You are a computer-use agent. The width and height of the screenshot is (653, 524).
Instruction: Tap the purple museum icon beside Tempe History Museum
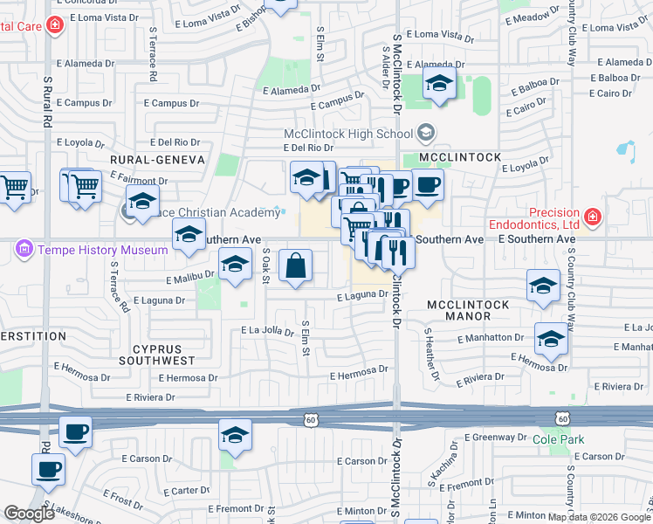point(24,251)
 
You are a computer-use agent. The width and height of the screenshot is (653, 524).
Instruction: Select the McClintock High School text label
point(347,134)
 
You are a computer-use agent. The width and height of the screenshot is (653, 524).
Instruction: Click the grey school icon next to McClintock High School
point(426,134)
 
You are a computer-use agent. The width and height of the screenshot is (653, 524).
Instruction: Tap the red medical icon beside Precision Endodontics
point(593,216)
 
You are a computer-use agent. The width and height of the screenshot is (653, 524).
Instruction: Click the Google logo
point(30,513)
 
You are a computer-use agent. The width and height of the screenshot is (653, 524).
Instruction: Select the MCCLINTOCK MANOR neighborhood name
point(466,309)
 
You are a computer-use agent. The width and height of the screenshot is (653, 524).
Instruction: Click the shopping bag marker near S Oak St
point(296,265)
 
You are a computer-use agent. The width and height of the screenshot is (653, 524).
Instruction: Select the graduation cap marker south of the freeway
point(235,436)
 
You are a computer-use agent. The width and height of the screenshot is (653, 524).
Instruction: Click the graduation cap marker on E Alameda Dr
point(439,84)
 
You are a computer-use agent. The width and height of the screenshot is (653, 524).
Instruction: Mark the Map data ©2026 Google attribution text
point(599,516)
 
